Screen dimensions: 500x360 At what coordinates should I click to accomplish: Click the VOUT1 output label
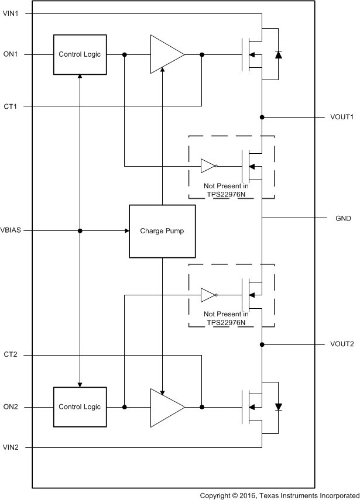(342, 117)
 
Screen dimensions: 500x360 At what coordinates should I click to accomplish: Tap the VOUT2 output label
(342, 344)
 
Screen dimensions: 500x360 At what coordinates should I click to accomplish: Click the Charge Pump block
(162, 231)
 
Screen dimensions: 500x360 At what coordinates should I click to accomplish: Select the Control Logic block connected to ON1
(80, 54)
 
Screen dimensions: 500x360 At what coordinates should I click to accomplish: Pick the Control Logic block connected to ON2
(80, 407)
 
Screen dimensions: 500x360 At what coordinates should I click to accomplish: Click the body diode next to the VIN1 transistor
(278, 55)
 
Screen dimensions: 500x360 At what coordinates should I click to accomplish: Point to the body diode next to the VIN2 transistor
(278, 406)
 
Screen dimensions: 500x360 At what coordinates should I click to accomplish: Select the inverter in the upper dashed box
(209, 166)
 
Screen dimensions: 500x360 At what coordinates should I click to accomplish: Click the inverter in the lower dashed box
(209, 295)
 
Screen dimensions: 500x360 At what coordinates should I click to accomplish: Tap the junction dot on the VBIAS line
(80, 230)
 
